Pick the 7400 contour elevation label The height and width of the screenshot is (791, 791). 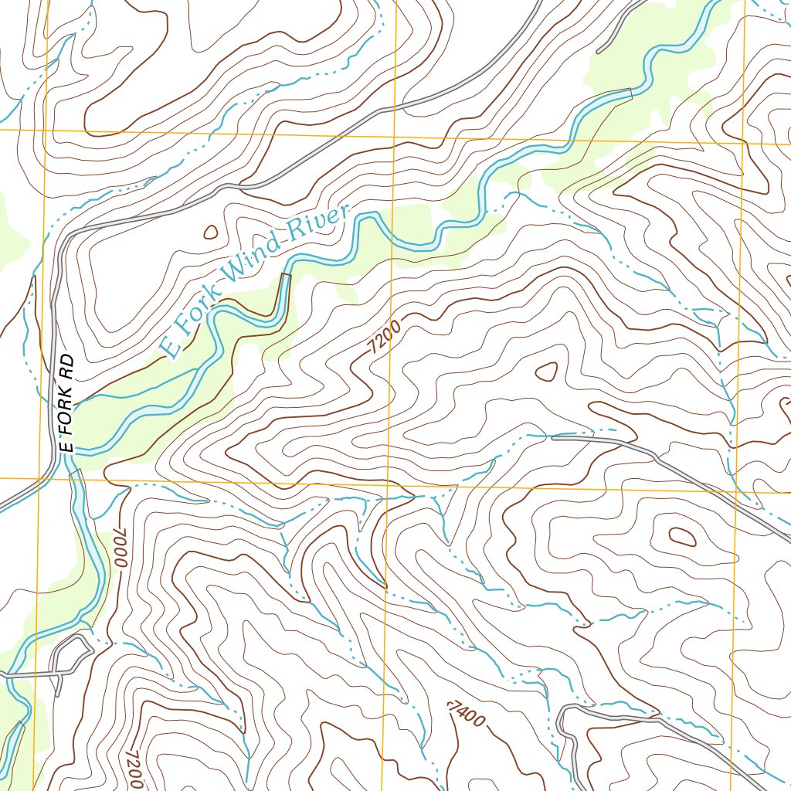467,713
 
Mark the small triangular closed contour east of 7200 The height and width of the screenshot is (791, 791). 546,372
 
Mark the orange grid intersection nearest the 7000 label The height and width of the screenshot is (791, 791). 40,478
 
